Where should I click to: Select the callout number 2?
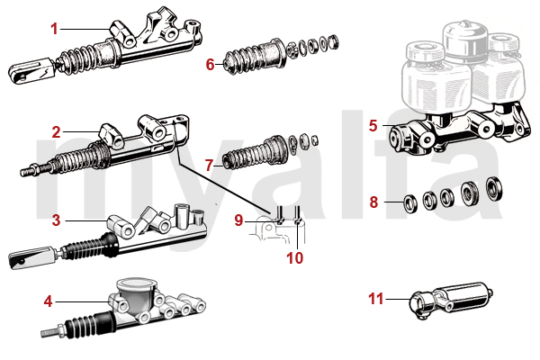pyautogui.click(x=56, y=131)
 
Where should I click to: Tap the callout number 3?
pyautogui.click(x=56, y=219)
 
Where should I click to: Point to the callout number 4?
pyautogui.click(x=48, y=300)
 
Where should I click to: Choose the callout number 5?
pyautogui.click(x=373, y=125)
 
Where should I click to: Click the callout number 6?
pyautogui.click(x=210, y=64)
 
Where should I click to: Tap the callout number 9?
pyautogui.click(x=238, y=220)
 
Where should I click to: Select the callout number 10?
pyautogui.click(x=296, y=256)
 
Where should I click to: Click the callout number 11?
pyautogui.click(x=376, y=298)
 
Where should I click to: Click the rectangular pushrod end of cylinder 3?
pyautogui.click(x=27, y=260)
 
